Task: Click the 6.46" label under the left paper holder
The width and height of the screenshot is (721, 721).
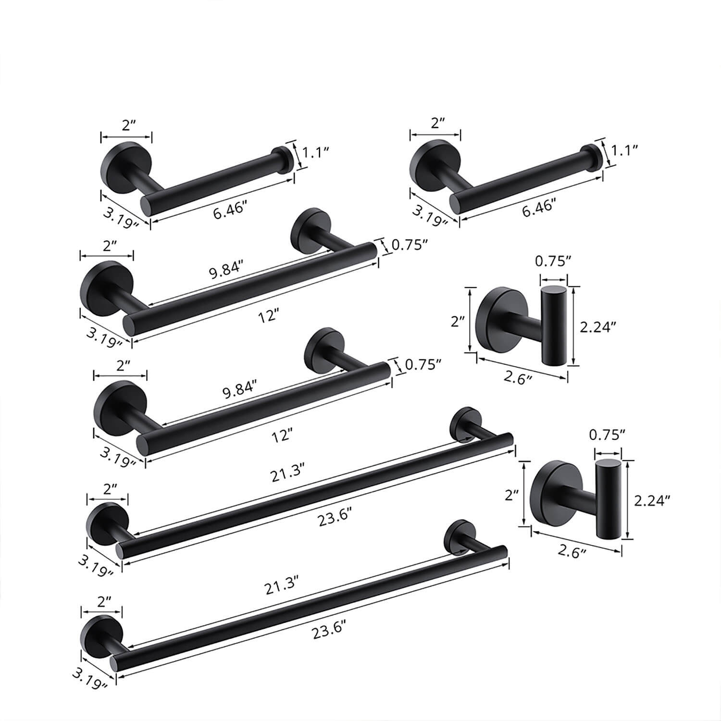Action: [x=230, y=210]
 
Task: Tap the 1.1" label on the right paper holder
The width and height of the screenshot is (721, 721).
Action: [x=624, y=150]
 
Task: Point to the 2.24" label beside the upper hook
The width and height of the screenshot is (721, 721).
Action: [x=597, y=327]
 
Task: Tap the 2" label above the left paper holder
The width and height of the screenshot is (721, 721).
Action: [x=126, y=125]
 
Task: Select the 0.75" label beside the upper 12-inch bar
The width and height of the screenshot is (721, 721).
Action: [x=410, y=246]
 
